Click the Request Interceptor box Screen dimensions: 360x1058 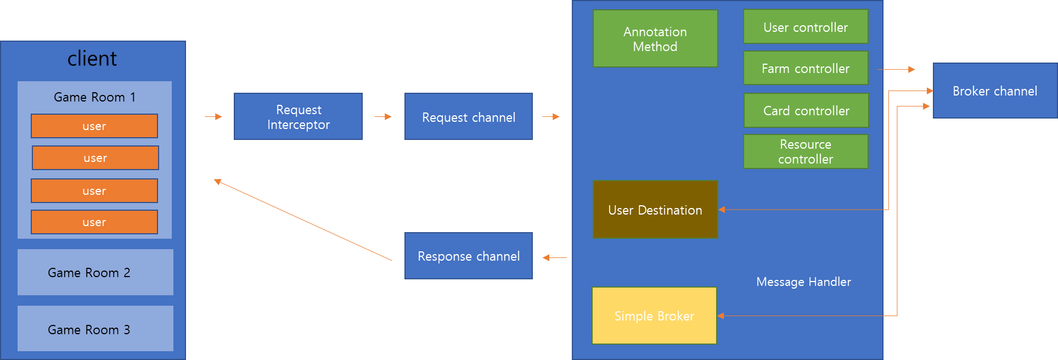[x=298, y=117]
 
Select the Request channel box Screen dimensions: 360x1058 [x=468, y=117]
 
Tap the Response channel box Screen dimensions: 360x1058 [x=468, y=256]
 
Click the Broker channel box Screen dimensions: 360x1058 [x=994, y=91]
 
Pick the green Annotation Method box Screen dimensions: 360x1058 [x=655, y=39]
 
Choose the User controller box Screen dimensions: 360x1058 [x=805, y=27]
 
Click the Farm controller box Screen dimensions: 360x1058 [x=805, y=68]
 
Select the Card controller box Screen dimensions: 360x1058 [x=806, y=110]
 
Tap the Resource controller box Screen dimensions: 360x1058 [x=805, y=151]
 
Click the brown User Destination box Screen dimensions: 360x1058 [x=655, y=210]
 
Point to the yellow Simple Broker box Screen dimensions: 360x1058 [x=654, y=316]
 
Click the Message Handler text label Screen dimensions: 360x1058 [x=803, y=282]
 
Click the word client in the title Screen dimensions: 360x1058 [x=92, y=58]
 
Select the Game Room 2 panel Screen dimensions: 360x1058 [x=95, y=272]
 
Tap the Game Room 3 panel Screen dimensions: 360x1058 [x=95, y=329]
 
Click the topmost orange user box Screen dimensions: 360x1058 [x=94, y=126]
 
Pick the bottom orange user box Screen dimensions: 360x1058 [x=94, y=222]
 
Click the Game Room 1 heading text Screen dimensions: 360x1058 [x=94, y=97]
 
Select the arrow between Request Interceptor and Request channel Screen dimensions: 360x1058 [x=383, y=116]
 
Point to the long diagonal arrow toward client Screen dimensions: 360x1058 [x=303, y=220]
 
